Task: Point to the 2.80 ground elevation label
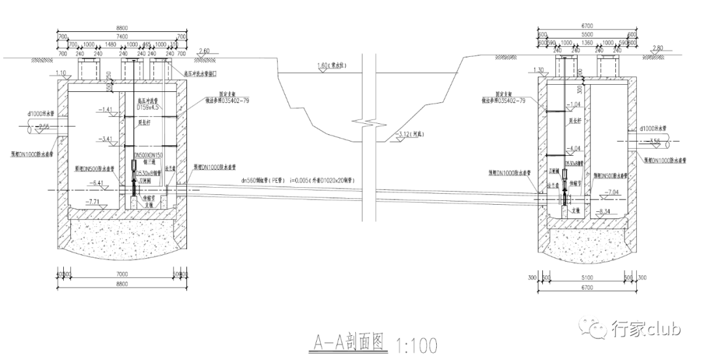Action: tap(656, 48)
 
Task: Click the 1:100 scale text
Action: tap(415, 344)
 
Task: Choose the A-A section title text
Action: tap(347, 342)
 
